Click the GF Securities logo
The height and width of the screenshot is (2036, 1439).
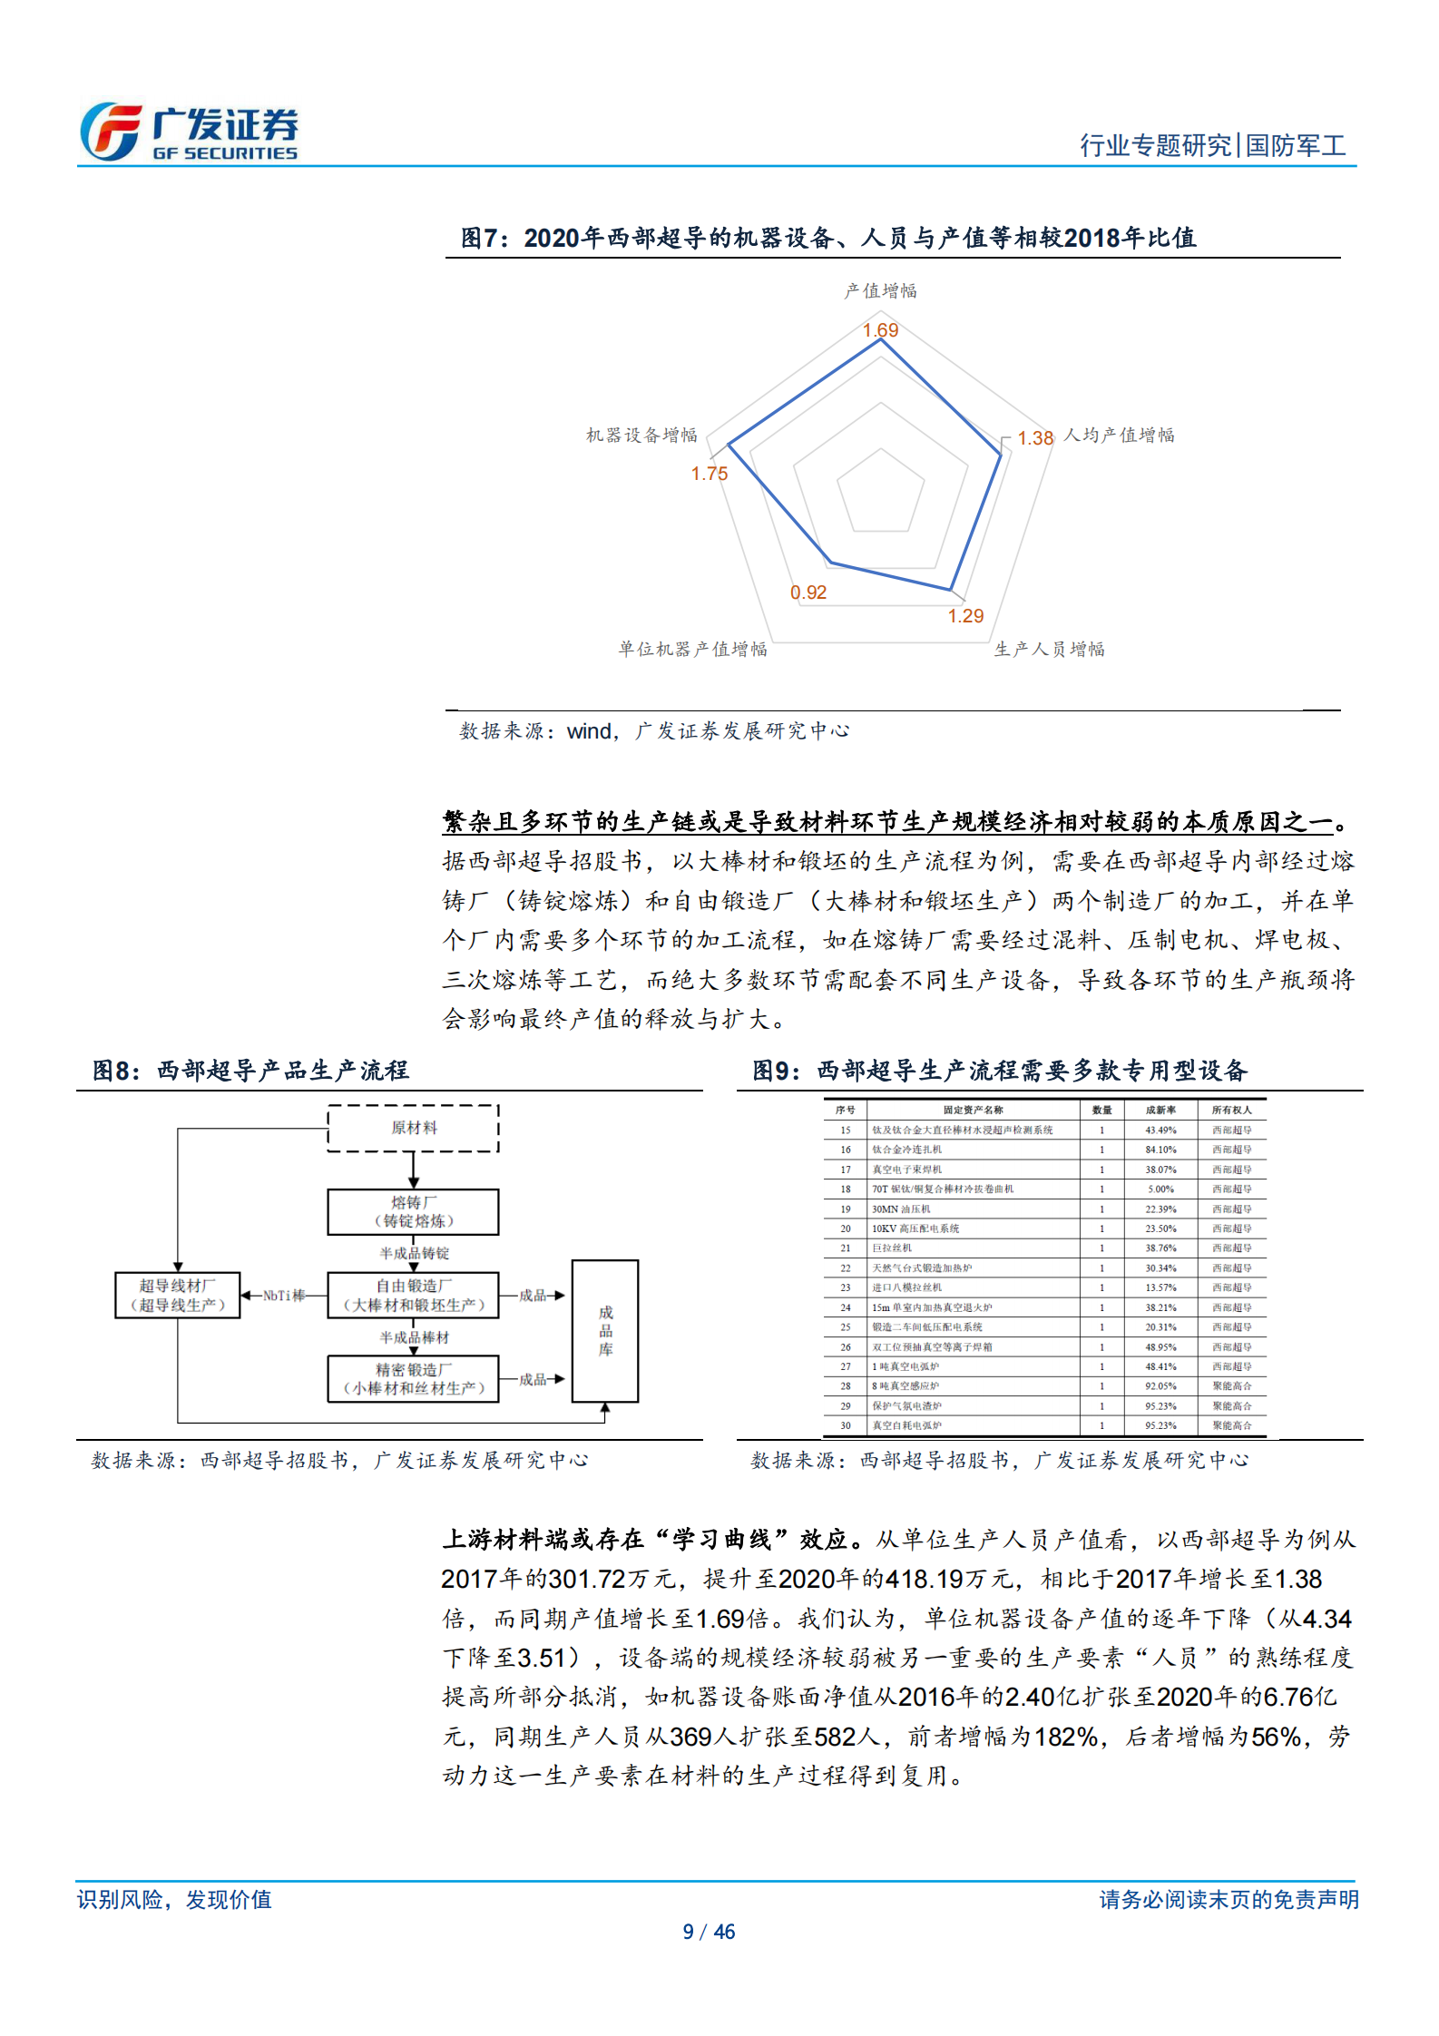pos(189,132)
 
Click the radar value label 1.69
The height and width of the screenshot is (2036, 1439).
pos(880,330)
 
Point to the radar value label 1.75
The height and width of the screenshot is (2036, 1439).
pos(710,474)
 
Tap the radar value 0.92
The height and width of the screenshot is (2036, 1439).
pos(808,592)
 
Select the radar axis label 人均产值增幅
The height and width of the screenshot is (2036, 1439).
pos(1119,436)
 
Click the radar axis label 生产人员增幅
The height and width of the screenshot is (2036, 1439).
pos(1050,650)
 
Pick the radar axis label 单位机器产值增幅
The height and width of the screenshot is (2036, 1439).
pos(693,650)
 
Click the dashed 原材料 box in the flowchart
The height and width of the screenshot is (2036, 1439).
pos(414,1128)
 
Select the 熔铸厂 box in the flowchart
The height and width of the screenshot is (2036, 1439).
pos(414,1212)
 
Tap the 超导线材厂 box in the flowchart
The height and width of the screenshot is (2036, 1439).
pos(178,1296)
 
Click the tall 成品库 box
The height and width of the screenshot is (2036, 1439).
pos(605,1331)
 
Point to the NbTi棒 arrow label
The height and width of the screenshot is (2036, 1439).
pos(284,1296)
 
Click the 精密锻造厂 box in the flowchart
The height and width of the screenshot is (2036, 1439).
pos(414,1379)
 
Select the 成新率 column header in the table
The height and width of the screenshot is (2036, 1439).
pos(1160,1110)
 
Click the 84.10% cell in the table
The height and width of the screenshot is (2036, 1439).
pos(1160,1150)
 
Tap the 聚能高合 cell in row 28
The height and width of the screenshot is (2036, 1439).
pos(1232,1386)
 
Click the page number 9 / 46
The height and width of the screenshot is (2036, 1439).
pos(709,1932)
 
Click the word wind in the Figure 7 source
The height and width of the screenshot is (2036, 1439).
pos(590,731)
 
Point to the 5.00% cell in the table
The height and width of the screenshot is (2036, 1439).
pos(1160,1189)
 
